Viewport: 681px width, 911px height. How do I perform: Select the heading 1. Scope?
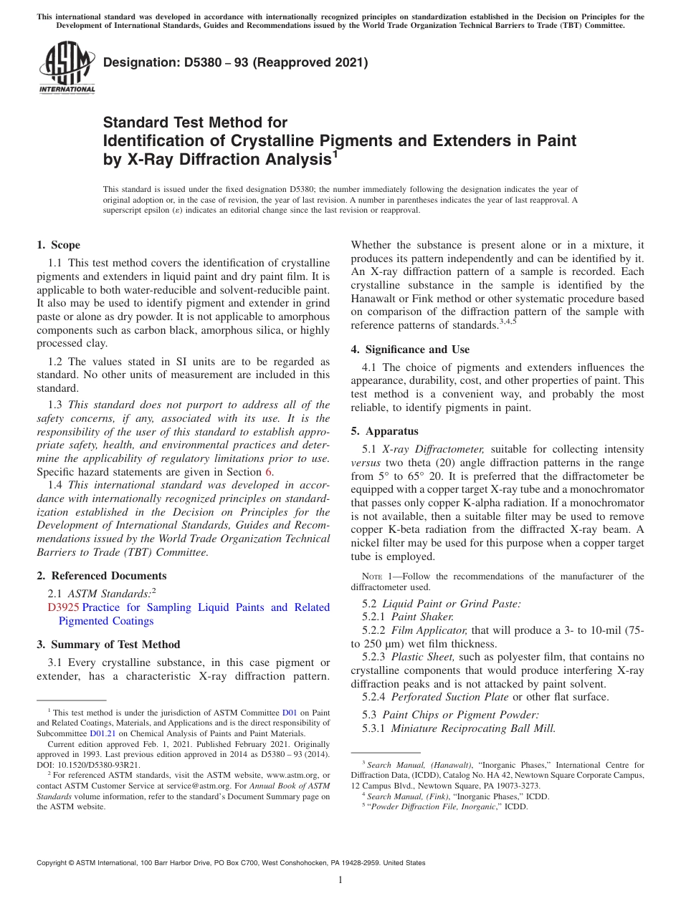59,245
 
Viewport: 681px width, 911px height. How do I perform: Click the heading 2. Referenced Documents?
102,576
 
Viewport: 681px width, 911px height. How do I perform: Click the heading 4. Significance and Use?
410,350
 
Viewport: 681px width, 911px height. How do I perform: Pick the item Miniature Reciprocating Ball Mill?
473,728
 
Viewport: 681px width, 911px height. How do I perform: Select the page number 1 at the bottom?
340,880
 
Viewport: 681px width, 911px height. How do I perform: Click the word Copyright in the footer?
52,863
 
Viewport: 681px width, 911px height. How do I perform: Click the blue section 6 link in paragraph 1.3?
269,472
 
